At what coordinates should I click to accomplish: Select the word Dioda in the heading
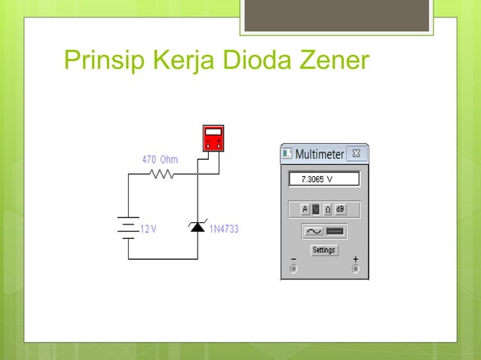[254, 59]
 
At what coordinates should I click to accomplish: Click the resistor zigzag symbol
[162, 174]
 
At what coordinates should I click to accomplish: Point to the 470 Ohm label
[160, 160]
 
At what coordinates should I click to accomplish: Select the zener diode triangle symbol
[198, 227]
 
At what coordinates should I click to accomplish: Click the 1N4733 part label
[224, 229]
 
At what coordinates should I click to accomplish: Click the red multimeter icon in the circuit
[213, 138]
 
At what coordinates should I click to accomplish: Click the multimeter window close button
[356, 154]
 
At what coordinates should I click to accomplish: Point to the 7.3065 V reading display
[324, 180]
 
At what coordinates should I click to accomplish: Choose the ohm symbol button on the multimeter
[328, 209]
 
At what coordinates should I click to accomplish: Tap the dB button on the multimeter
[340, 209]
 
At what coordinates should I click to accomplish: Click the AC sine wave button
[313, 231]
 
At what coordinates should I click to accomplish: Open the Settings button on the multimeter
[324, 250]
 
